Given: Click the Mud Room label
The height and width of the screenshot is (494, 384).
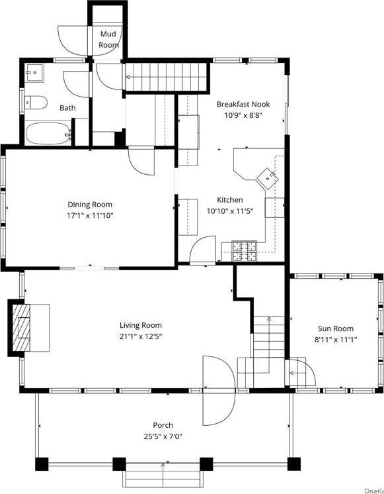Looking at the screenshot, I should point(108,39).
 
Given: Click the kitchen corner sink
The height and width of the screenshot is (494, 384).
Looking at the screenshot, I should point(270,175).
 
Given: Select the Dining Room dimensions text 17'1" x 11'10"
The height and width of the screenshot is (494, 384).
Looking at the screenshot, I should point(91,215).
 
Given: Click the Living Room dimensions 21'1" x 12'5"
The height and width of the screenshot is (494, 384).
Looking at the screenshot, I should point(140,336).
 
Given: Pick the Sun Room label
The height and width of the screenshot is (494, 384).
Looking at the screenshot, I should point(335,328).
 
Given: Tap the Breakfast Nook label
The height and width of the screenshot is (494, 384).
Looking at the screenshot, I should point(243,104).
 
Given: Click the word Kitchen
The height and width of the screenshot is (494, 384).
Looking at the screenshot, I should point(230,200).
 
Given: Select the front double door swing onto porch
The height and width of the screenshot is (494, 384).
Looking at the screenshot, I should point(216,391).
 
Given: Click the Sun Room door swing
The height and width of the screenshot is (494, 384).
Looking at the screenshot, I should point(299,373).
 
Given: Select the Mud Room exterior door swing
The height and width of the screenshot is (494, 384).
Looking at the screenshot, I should point(72,39).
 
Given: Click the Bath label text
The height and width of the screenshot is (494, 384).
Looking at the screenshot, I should point(67,107).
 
